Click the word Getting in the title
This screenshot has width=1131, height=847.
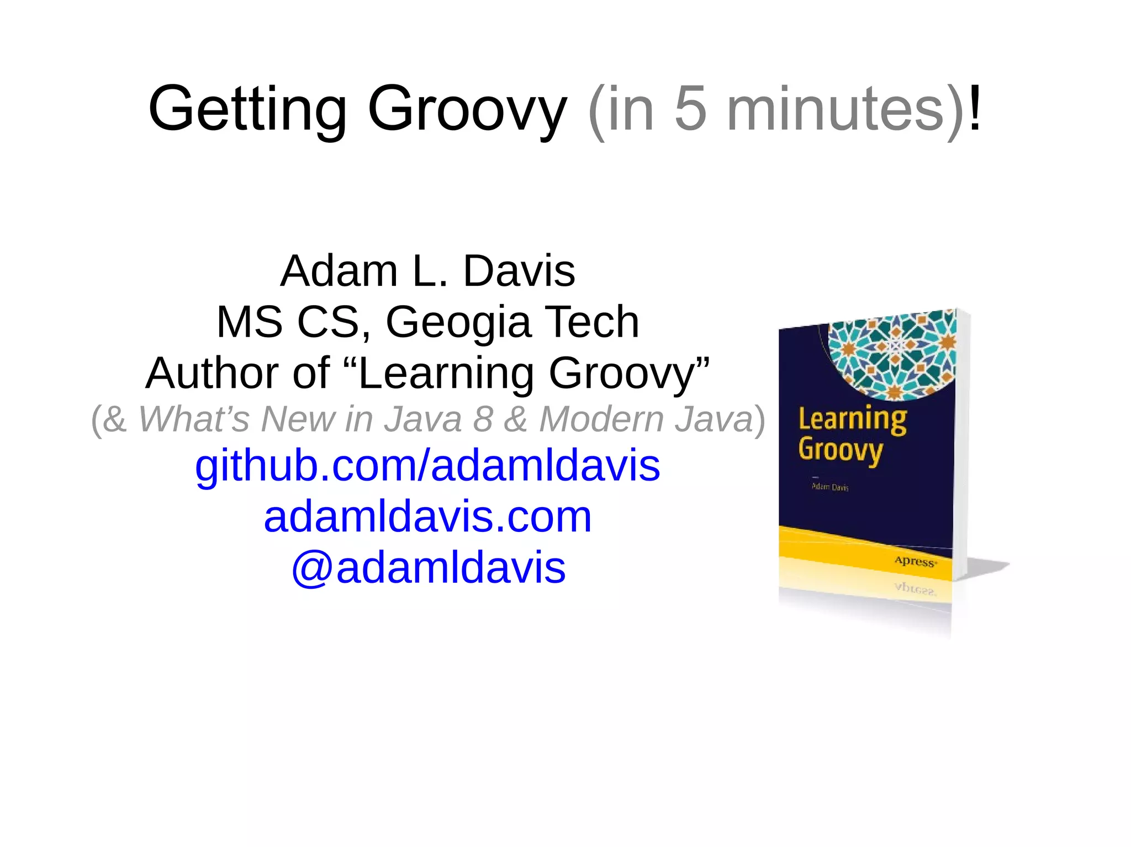point(247,109)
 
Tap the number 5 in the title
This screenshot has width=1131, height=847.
point(690,109)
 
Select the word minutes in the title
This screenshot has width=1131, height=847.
point(836,109)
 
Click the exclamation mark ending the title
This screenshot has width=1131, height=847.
point(975,109)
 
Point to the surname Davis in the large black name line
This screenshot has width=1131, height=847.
point(519,271)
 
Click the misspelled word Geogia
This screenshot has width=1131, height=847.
point(458,322)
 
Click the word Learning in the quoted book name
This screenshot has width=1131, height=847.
point(447,374)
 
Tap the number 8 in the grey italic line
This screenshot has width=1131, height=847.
point(483,419)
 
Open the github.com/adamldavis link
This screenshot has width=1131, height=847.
point(427,465)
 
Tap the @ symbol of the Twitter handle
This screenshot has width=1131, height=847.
point(311,568)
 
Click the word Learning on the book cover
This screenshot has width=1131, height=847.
point(852,419)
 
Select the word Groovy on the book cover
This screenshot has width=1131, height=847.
point(841,450)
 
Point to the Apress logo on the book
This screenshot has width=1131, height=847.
point(915,562)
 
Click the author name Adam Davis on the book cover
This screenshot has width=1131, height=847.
point(830,487)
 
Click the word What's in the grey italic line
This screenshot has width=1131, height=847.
point(193,419)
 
